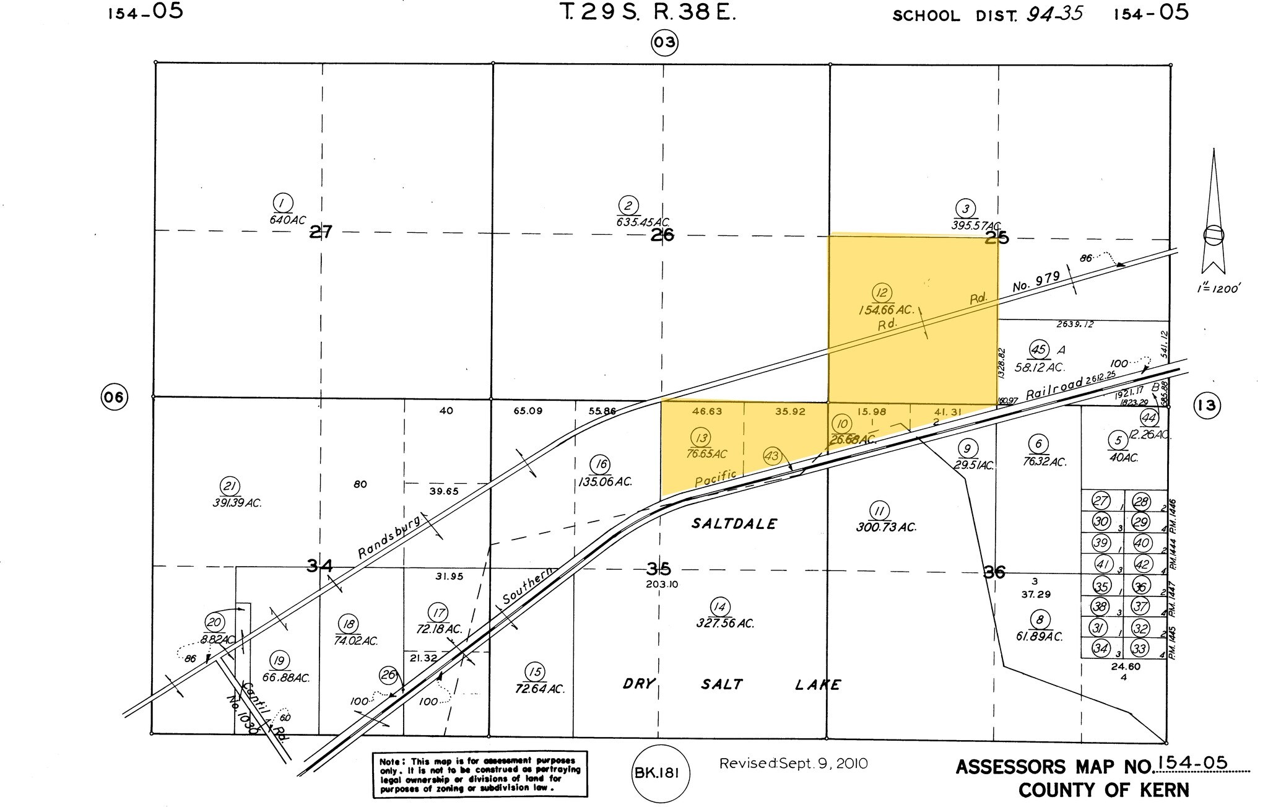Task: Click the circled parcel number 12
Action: (880, 294)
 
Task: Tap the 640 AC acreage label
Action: (287, 219)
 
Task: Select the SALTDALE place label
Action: (734, 524)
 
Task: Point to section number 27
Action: (321, 233)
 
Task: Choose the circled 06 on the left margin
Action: (115, 397)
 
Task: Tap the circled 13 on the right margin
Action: (1206, 406)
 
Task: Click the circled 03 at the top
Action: (664, 43)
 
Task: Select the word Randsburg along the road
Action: (389, 536)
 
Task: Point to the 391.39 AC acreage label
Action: (237, 503)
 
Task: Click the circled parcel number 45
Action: (1038, 350)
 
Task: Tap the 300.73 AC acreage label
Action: (885, 528)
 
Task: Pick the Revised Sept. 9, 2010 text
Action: (793, 764)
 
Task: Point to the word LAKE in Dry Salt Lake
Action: (817, 684)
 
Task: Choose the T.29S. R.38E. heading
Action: (648, 14)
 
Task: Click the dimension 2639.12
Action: (1075, 324)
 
